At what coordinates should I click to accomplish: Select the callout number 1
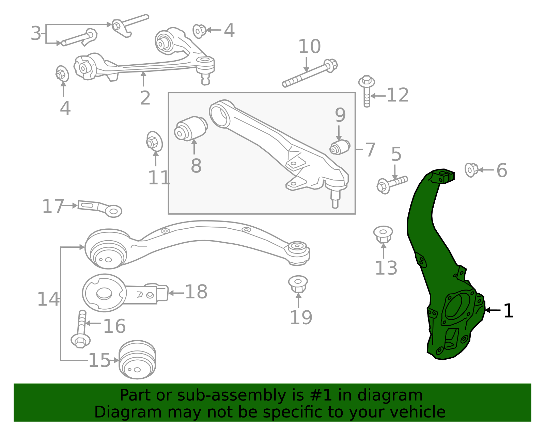pos(508,311)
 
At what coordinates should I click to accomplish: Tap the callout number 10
pos(309,47)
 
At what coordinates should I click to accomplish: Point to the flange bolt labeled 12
pos(367,90)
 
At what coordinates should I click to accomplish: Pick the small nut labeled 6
pos(471,169)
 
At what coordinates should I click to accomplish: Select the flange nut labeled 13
pos(383,234)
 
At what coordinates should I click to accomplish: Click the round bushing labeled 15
pos(137,359)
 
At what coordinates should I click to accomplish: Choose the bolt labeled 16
pos(81,328)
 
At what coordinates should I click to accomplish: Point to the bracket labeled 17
pos(99,207)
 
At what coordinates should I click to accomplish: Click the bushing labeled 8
pos(191,128)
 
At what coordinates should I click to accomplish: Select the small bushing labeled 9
pos(340,147)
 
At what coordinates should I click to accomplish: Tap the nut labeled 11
pos(154,141)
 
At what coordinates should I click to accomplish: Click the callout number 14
pos(48,299)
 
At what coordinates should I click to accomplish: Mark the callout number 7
pos(370,149)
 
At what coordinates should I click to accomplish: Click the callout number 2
pos(145,98)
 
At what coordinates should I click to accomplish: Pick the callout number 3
pos(36,33)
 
